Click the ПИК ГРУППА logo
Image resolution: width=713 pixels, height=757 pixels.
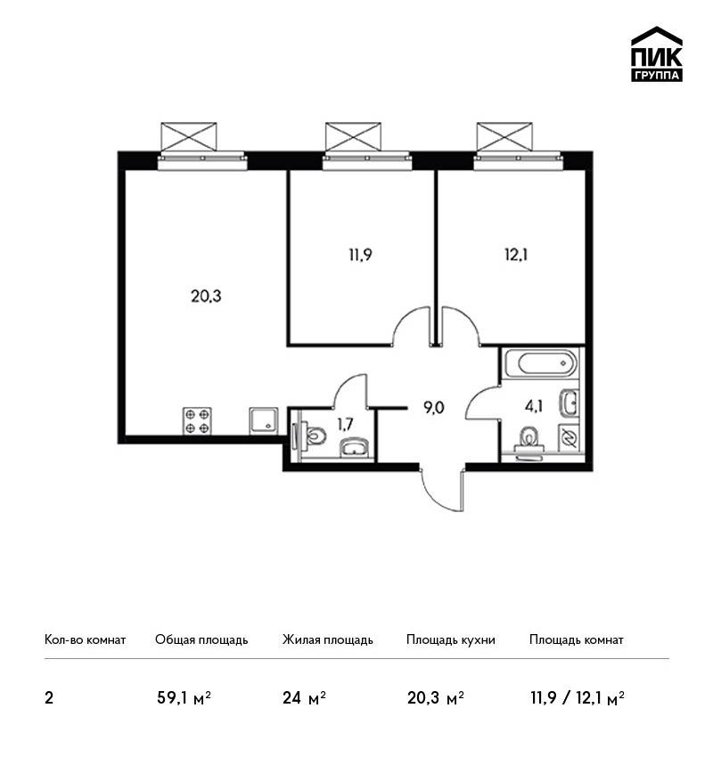point(657,54)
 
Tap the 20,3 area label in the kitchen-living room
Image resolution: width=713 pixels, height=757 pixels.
point(206,296)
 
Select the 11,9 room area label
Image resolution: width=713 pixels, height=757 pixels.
point(360,255)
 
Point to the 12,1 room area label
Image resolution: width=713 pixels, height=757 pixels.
point(516,255)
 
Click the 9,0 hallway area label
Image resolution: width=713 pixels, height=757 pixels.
point(433,408)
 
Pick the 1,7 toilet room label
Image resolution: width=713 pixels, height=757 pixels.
point(345,424)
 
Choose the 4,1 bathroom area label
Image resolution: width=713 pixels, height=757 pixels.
point(534,406)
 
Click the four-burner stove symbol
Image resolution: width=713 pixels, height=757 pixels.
point(197,420)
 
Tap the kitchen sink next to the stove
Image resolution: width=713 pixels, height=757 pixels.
point(264,421)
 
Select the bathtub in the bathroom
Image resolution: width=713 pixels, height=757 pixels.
point(540,363)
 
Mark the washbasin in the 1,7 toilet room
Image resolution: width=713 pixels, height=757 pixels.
point(356,448)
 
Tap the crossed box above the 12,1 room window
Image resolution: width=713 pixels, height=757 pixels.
point(504,136)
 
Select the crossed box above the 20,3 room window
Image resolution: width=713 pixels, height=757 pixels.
point(188,136)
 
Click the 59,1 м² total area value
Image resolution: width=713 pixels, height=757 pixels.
point(184,697)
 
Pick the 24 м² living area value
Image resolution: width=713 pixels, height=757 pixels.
point(304,697)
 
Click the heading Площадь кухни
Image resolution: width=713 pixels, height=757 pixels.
point(451,639)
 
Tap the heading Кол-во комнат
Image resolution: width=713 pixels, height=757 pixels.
point(85,639)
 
